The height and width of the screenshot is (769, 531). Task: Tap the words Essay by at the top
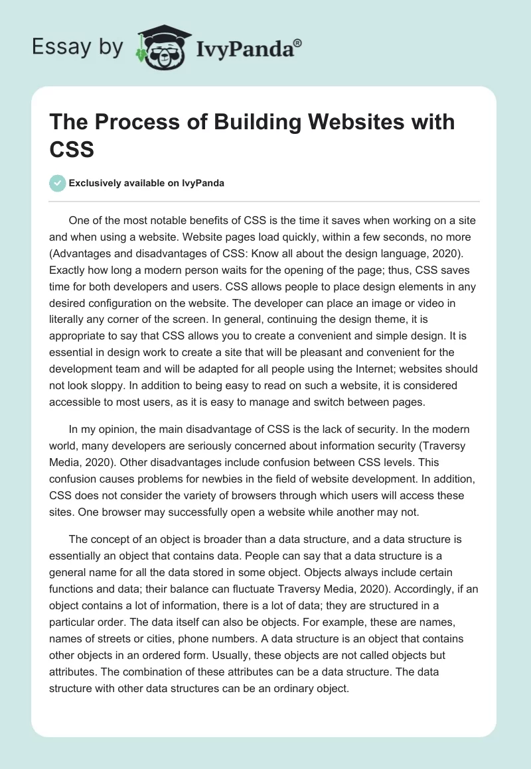click(x=78, y=46)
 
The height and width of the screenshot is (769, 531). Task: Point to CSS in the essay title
click(x=72, y=148)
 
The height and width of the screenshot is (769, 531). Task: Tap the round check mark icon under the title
click(x=58, y=183)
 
